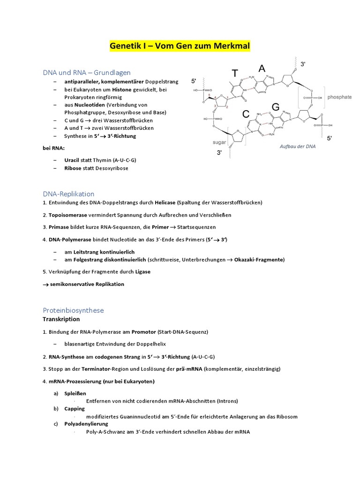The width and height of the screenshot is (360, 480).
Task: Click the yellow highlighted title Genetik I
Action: click(x=180, y=46)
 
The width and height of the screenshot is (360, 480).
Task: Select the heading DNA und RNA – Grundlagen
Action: click(x=87, y=73)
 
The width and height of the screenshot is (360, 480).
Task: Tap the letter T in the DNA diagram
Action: click(x=235, y=73)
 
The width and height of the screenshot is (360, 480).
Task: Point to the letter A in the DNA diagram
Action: click(x=262, y=68)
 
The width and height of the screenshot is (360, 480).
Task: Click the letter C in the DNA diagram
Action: click(x=246, y=114)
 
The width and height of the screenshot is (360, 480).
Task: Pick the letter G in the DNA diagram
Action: click(x=276, y=107)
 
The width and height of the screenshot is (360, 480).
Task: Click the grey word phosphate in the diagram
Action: click(x=340, y=97)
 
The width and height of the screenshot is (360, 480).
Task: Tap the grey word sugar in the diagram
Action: click(x=219, y=140)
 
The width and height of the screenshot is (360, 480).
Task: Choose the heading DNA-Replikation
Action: click(x=68, y=194)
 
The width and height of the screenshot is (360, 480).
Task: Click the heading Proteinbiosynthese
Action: click(x=73, y=310)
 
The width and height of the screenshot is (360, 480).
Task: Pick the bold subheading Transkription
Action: click(x=61, y=319)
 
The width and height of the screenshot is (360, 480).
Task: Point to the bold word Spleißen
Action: click(x=75, y=393)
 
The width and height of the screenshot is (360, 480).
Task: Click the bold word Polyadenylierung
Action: click(x=86, y=424)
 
